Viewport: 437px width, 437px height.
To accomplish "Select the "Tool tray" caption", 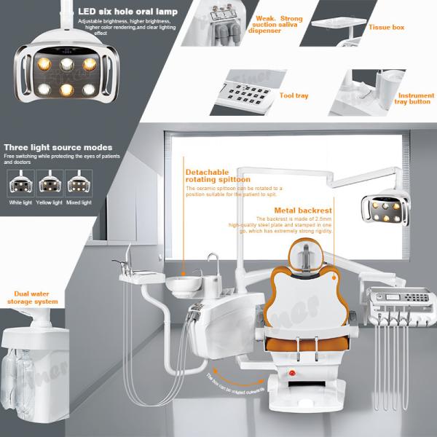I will click(x=294, y=95).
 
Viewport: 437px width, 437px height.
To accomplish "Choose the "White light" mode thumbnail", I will click(x=19, y=184).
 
